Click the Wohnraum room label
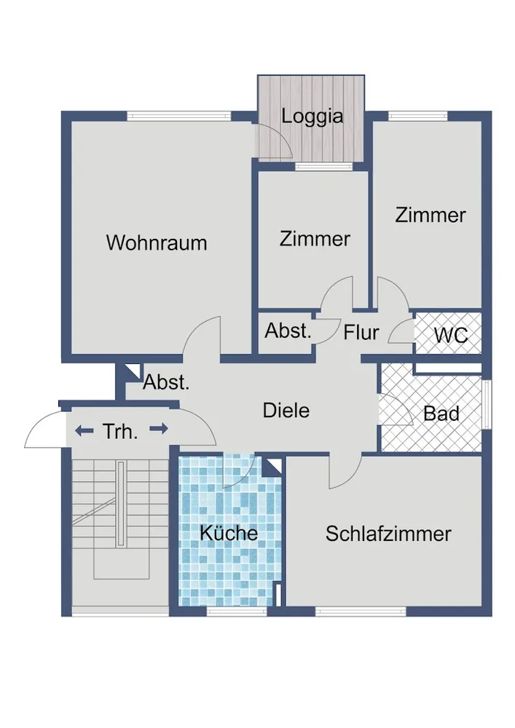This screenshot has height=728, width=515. point(157,243)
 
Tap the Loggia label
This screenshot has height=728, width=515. point(312,116)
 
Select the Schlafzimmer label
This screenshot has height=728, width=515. point(388,534)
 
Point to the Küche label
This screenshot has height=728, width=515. point(229,533)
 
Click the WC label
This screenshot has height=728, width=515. point(451,335)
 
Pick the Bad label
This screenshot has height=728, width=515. point(441,414)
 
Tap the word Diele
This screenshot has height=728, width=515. point(286,411)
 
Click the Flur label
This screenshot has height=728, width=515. point(361,333)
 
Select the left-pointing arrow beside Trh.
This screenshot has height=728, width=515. point(84,431)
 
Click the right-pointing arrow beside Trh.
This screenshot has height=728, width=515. point(159,429)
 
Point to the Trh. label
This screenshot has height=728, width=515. point(120,432)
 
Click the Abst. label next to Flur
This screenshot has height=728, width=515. point(288,331)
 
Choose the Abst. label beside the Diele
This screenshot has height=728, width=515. point(166,383)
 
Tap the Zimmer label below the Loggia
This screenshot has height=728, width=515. point(315,239)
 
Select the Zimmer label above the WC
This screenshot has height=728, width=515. point(431,215)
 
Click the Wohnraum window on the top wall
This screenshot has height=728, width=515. point(179,116)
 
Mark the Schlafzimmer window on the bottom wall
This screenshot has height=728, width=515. point(361,612)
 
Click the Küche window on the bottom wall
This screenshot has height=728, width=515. point(237,612)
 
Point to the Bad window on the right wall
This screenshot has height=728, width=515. point(487,404)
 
